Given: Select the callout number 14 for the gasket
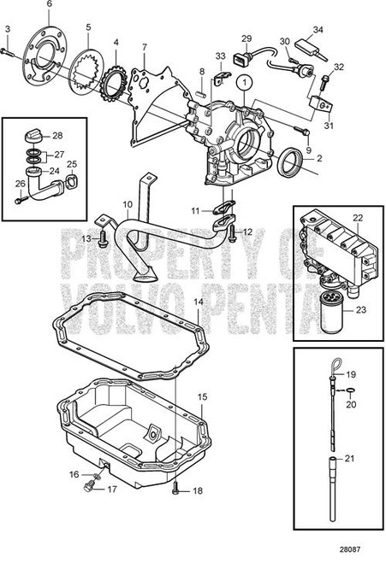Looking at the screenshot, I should coord(199,303).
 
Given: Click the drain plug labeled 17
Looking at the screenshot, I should coord(87,490).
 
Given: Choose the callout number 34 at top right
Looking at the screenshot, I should coord(320,29).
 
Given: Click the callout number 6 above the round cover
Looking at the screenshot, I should coord(49,5).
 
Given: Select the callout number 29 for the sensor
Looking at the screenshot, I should coord(246,38).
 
